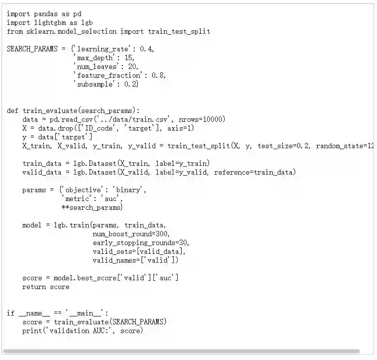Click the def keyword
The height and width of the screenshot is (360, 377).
[13, 111]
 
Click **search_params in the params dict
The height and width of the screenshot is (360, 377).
[91, 207]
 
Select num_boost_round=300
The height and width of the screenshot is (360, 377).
[131, 234]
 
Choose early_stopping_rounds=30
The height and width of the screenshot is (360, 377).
[141, 243]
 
